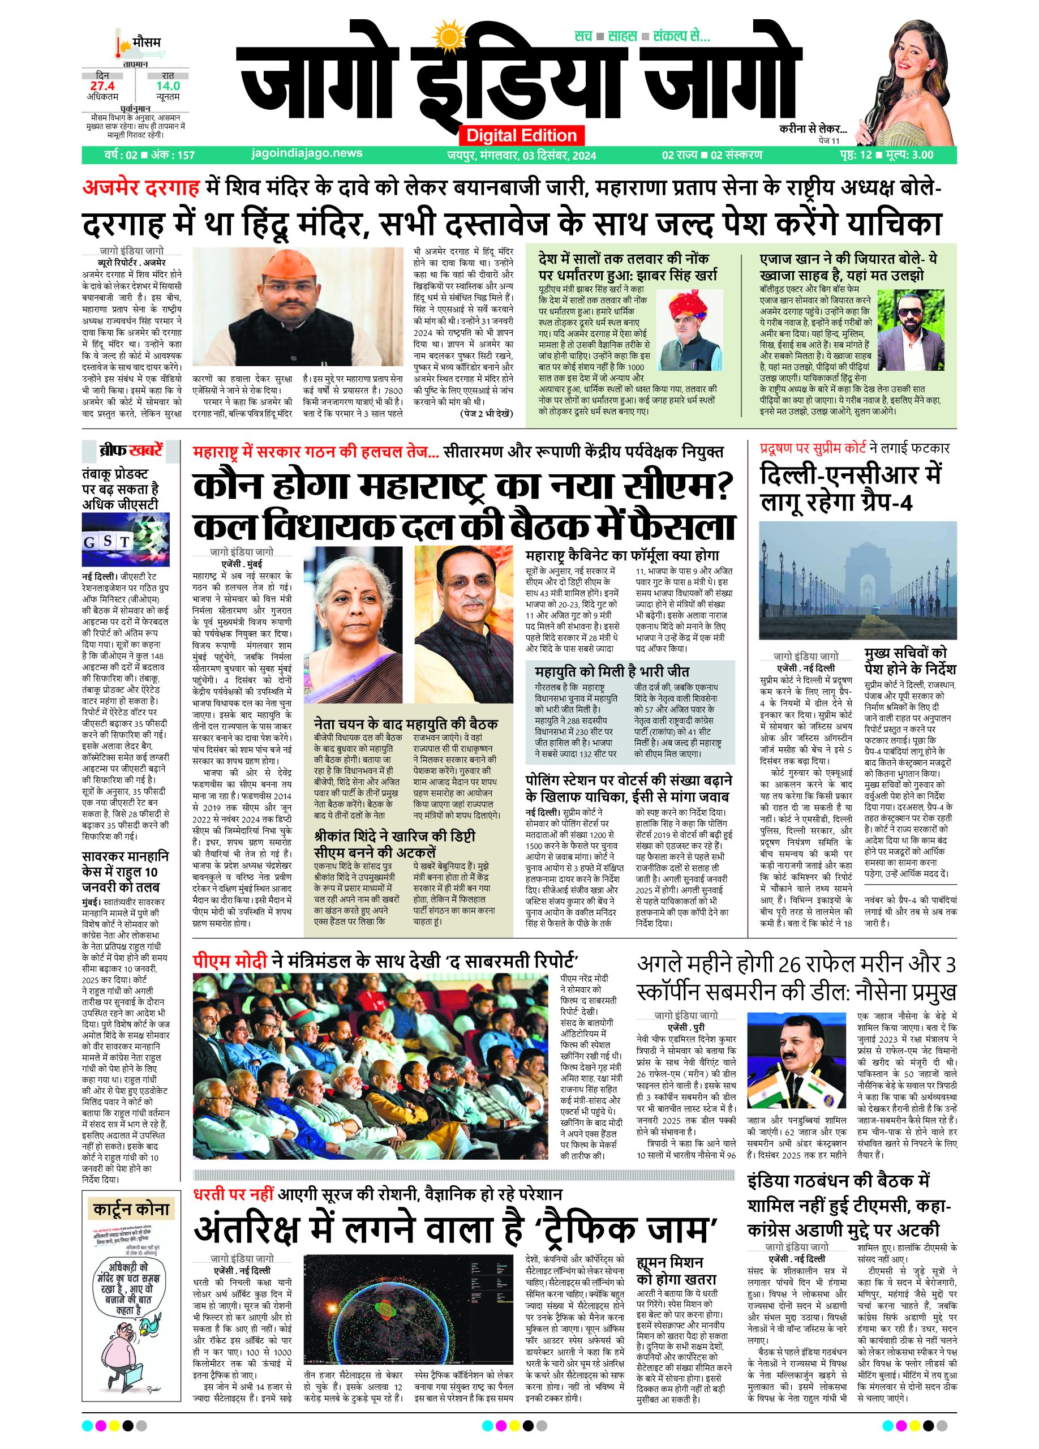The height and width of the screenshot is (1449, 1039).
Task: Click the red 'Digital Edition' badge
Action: click(521, 135)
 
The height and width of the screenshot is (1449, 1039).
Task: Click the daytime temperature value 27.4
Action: click(102, 85)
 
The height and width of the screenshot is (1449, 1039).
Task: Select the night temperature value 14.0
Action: click(168, 85)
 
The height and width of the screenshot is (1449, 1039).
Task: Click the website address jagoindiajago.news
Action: click(307, 153)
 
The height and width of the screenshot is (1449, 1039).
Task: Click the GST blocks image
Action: click(125, 540)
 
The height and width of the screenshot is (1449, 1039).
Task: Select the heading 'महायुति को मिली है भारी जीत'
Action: click(611, 671)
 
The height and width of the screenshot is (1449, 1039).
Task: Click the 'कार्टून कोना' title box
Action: click(131, 1209)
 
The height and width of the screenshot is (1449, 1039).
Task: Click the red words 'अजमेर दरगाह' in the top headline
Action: click(140, 188)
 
